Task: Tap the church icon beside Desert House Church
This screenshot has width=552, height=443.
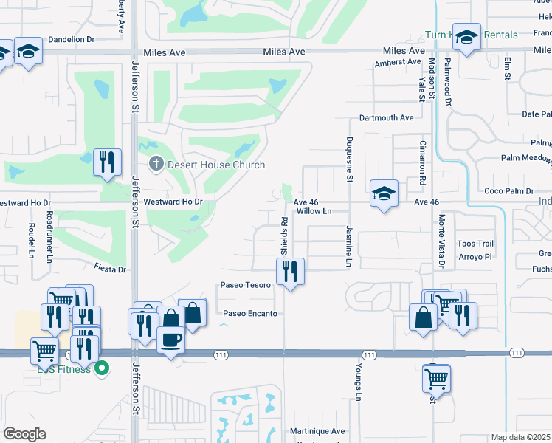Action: click(156, 164)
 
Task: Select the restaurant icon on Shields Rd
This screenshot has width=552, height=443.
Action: click(290, 272)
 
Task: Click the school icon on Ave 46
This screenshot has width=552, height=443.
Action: click(384, 194)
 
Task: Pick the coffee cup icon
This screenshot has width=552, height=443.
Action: click(171, 340)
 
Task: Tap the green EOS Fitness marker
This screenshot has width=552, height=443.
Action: click(103, 367)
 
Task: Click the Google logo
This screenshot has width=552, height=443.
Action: click(24, 433)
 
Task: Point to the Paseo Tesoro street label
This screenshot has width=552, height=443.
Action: click(245, 285)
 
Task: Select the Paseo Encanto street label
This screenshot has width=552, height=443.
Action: click(250, 314)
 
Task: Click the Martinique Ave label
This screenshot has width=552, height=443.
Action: click(317, 431)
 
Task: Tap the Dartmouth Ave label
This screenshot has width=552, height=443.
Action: click(386, 118)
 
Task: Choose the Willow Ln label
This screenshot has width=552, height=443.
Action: click(314, 211)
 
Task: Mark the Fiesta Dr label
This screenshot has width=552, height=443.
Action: click(110, 269)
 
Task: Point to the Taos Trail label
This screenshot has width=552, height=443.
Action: click(475, 244)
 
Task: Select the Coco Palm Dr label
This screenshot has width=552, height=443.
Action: click(509, 191)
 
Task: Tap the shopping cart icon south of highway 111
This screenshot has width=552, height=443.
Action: click(436, 379)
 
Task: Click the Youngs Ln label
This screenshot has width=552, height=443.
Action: click(358, 383)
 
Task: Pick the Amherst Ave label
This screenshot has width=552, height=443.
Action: click(397, 63)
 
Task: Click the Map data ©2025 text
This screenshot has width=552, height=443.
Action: click(521, 437)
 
